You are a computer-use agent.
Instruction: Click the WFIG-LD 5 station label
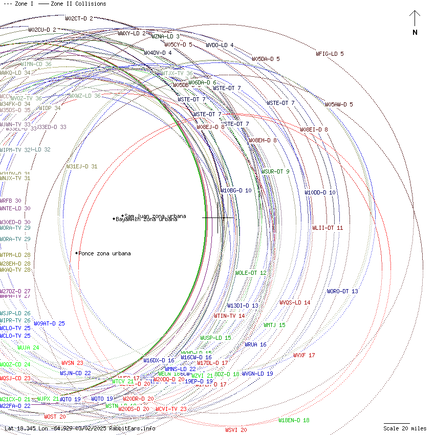(x=330, y=54)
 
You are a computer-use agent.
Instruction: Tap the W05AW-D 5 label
(x=339, y=105)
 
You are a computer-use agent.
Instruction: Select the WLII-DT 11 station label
(x=328, y=228)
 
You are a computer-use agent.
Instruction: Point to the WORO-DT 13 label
(x=342, y=292)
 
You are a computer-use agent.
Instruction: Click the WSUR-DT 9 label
(x=275, y=171)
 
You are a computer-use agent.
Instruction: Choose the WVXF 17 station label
(x=304, y=355)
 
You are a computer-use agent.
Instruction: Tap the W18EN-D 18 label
(x=294, y=421)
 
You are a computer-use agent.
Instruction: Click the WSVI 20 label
(x=236, y=430)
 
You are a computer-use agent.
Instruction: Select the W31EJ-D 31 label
(x=81, y=166)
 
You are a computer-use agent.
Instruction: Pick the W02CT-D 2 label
(x=79, y=18)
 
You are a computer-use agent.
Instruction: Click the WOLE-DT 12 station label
(x=250, y=273)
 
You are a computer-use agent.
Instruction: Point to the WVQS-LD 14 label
(x=295, y=302)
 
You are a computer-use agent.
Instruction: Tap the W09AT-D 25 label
(x=49, y=323)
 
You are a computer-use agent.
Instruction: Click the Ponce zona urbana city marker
(x=77, y=253)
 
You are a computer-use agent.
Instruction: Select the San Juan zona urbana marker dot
(x=123, y=215)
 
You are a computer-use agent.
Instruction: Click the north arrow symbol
(x=415, y=19)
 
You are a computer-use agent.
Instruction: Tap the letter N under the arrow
(x=415, y=33)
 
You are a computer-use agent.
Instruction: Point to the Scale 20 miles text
(x=405, y=428)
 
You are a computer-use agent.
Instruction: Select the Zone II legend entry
(x=72, y=4)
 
